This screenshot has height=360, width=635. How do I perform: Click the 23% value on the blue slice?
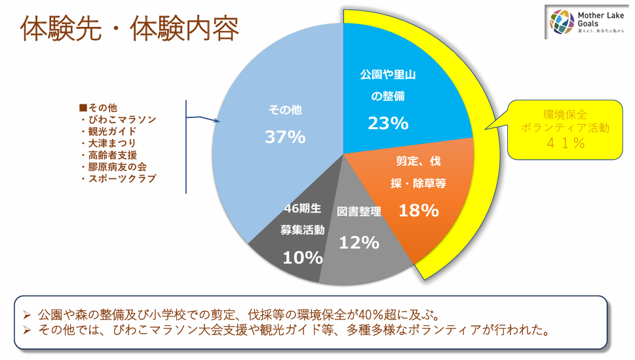[x=388, y=123]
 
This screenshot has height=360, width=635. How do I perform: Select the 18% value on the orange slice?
[x=419, y=210]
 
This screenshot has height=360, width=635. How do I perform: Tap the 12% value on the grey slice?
[x=359, y=243]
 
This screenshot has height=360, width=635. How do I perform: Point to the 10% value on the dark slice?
[x=302, y=258]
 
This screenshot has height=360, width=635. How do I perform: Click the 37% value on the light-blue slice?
[x=285, y=137]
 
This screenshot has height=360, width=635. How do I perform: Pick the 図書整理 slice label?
[x=359, y=212]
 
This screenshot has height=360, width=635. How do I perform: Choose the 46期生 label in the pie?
[x=302, y=209]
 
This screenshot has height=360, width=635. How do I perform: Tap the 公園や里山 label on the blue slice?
[x=388, y=75]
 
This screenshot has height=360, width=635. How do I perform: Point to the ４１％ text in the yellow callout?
[x=564, y=144]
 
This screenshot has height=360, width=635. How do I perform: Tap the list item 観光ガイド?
[x=112, y=131]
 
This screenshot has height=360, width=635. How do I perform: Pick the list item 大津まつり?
[x=112, y=143]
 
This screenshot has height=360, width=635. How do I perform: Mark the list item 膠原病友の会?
[x=117, y=167]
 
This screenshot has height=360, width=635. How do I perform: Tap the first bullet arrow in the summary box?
[x=28, y=313]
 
